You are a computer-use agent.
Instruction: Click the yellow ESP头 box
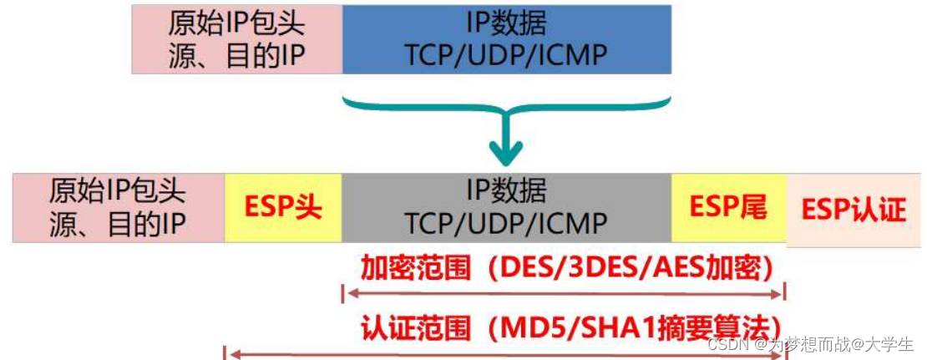[x=283, y=207]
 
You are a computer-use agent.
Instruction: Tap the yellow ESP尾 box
[x=728, y=207]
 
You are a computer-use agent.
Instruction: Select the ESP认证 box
[x=854, y=210]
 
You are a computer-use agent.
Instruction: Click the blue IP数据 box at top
[x=506, y=38]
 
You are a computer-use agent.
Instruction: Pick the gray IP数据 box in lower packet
[x=506, y=207]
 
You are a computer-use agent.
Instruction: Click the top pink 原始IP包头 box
[x=237, y=38]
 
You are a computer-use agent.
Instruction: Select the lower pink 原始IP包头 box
[x=119, y=207]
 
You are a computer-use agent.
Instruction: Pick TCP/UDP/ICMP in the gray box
[x=506, y=223]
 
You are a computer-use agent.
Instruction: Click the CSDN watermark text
[x=726, y=343]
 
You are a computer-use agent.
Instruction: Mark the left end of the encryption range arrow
[x=345, y=293]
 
